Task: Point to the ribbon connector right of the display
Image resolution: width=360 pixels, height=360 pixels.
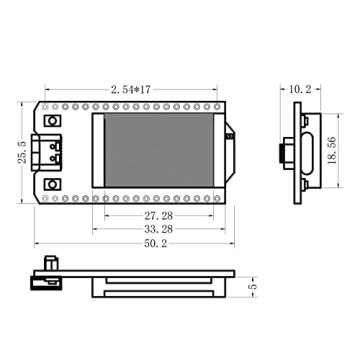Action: pos(230,140)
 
